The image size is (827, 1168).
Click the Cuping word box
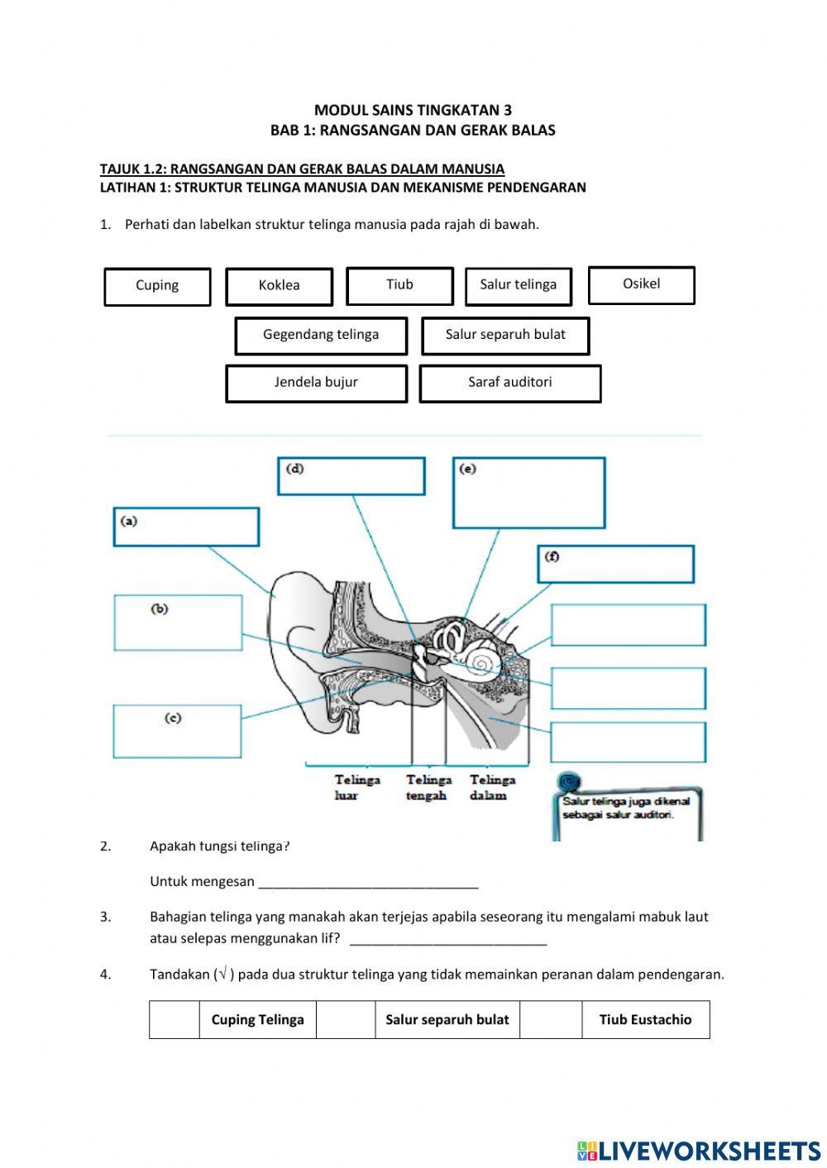click(157, 286)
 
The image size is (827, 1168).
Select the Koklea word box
click(279, 286)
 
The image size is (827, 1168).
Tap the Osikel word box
click(641, 284)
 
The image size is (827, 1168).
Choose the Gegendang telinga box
click(321, 335)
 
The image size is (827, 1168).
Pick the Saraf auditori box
click(509, 383)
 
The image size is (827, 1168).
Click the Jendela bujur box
click(316, 383)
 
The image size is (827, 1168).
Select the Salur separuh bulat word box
click(505, 335)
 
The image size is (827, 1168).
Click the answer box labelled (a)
click(186, 527)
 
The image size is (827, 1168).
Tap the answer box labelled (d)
click(351, 476)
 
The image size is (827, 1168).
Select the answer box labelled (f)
click(615, 564)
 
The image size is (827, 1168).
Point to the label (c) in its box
click(173, 717)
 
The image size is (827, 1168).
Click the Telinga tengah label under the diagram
click(428, 787)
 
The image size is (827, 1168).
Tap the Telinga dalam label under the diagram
click(492, 787)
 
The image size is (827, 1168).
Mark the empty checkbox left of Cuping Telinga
click(174, 1019)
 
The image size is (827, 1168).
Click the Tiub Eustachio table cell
click(645, 1019)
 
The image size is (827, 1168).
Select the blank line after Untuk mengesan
click(368, 882)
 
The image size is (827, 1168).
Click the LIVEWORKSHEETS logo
click(698, 1150)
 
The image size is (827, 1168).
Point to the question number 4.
click(105, 974)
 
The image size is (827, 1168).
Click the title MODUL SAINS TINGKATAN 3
click(413, 110)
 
